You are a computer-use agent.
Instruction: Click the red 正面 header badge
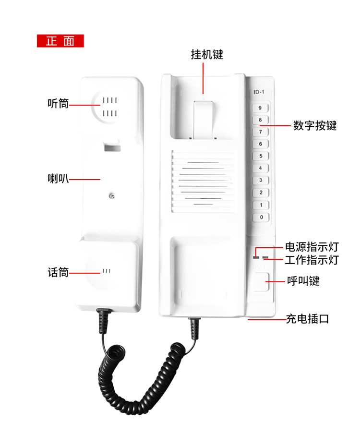[60, 41]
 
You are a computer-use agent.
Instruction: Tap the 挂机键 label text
[207, 54]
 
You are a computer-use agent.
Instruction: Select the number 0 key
[261, 217]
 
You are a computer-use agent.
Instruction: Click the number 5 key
[261, 156]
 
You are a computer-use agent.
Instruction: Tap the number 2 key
[261, 193]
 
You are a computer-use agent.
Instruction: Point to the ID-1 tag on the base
[259, 92]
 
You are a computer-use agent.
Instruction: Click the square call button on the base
[261, 282]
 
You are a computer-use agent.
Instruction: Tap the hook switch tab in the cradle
[203, 120]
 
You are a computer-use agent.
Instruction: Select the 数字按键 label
[315, 126]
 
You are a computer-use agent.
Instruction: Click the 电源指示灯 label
[312, 247]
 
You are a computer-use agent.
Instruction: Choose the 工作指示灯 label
[312, 260]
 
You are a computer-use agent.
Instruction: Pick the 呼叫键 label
[303, 281]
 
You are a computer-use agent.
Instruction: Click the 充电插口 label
[307, 319]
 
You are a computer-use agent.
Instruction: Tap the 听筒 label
[58, 104]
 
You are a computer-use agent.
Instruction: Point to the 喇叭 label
[58, 179]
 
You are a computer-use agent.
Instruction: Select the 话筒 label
[58, 272]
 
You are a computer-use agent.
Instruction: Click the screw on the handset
[112, 196]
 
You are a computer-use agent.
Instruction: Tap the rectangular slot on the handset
[112, 147]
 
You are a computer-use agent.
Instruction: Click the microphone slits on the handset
[107, 271]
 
